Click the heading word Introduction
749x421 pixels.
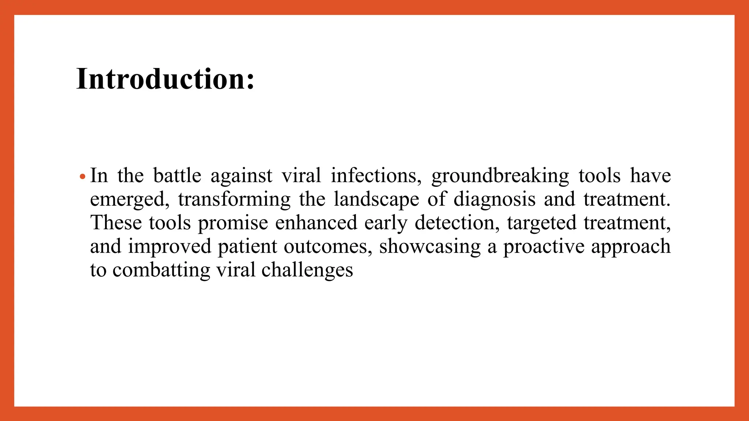tap(165, 79)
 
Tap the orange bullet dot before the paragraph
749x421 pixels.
tap(83, 177)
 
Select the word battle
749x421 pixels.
tap(177, 176)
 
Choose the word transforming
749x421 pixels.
tap(234, 200)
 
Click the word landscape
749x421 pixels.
tap(376, 200)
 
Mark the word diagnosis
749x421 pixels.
tap(494, 200)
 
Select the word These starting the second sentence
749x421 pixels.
tap(116, 223)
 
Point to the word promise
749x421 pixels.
tap(233, 223)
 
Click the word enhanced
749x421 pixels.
tap(316, 223)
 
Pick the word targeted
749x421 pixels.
tap(541, 223)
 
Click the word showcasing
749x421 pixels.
tap(430, 247)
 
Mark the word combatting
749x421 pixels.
tap(161, 270)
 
